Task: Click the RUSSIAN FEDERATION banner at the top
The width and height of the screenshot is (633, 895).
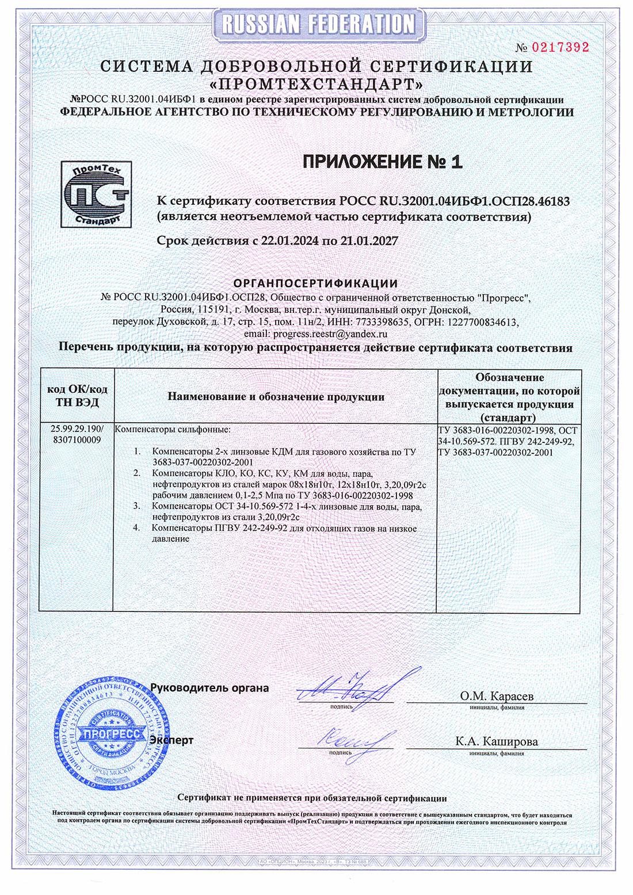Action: point(316,23)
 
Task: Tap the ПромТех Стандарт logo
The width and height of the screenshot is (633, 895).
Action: point(95,194)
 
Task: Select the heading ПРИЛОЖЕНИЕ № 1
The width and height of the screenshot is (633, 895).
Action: point(383,163)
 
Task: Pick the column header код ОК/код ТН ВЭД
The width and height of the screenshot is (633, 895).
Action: point(77,396)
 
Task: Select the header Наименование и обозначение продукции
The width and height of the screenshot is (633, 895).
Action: point(276,396)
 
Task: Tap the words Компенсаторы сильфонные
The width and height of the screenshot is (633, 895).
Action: point(173,430)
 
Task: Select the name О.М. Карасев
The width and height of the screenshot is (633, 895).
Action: point(497,696)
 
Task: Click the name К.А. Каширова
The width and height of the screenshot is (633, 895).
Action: point(497,741)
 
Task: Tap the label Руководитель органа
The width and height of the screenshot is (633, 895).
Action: point(209,688)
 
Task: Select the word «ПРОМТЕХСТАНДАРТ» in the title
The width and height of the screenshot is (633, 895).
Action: point(316,85)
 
